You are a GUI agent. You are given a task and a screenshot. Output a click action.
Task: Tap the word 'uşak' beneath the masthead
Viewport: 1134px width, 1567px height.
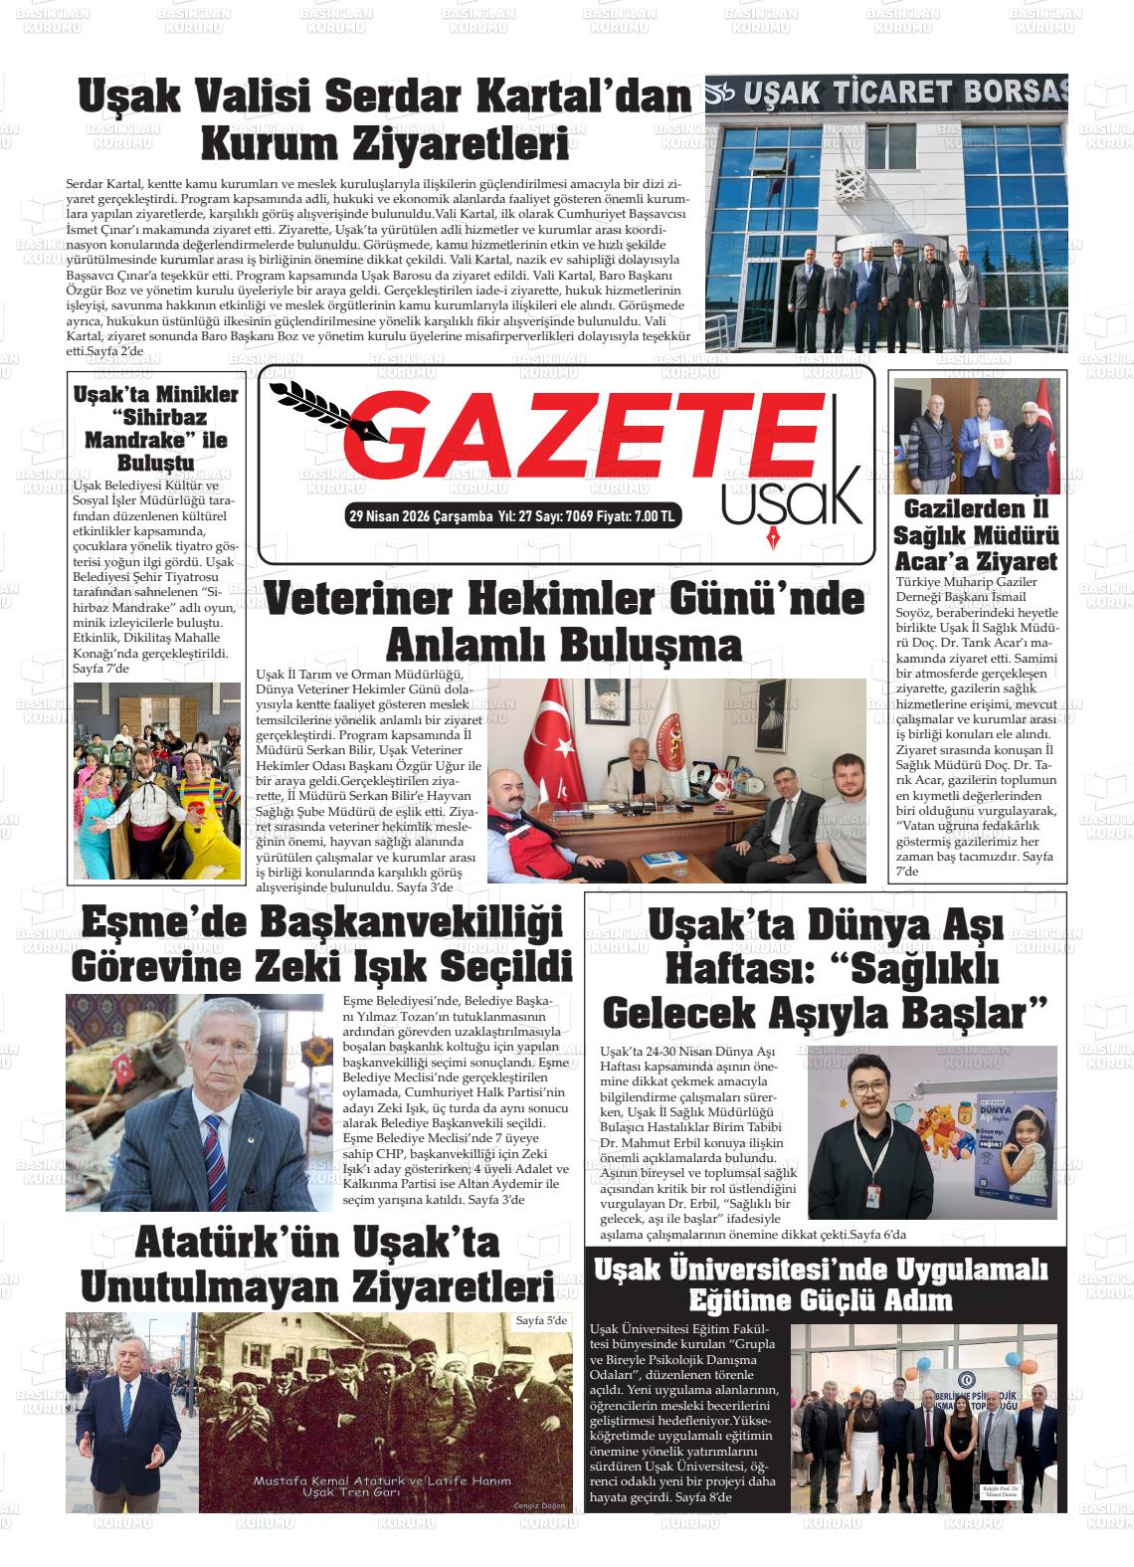790,496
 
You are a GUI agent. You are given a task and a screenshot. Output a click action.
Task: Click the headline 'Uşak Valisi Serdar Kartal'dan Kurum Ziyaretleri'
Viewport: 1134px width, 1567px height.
385,121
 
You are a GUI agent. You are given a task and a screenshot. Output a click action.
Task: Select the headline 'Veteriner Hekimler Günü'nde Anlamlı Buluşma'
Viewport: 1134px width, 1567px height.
564,622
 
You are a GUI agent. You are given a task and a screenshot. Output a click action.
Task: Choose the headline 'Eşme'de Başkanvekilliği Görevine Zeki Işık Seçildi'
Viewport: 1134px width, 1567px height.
321,944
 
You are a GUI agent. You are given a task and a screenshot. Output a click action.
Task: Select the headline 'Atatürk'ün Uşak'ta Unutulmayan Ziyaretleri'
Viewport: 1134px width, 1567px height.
316,1265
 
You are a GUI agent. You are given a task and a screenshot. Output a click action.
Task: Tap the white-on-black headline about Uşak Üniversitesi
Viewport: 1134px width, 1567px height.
820,1284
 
